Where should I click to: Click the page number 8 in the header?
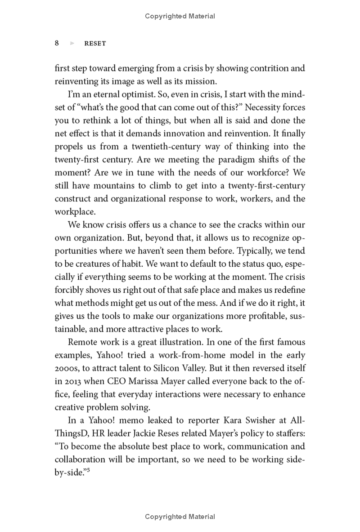57,43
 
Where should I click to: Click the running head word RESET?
95,44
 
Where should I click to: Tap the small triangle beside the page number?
72,44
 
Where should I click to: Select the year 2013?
72,381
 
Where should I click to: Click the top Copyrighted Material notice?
180,16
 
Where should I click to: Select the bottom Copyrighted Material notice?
180,517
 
